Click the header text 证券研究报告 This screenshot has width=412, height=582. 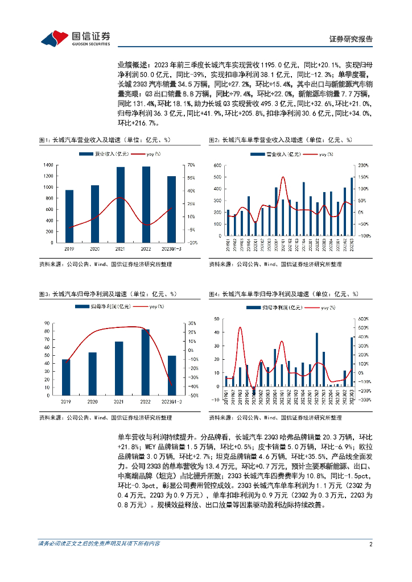(x=351, y=39)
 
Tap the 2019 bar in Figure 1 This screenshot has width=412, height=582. (x=69, y=216)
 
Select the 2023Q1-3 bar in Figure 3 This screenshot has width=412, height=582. (x=171, y=372)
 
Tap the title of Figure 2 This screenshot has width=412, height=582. (x=281, y=140)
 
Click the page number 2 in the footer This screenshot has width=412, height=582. (x=370, y=543)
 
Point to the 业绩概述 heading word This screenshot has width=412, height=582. (x=129, y=65)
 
